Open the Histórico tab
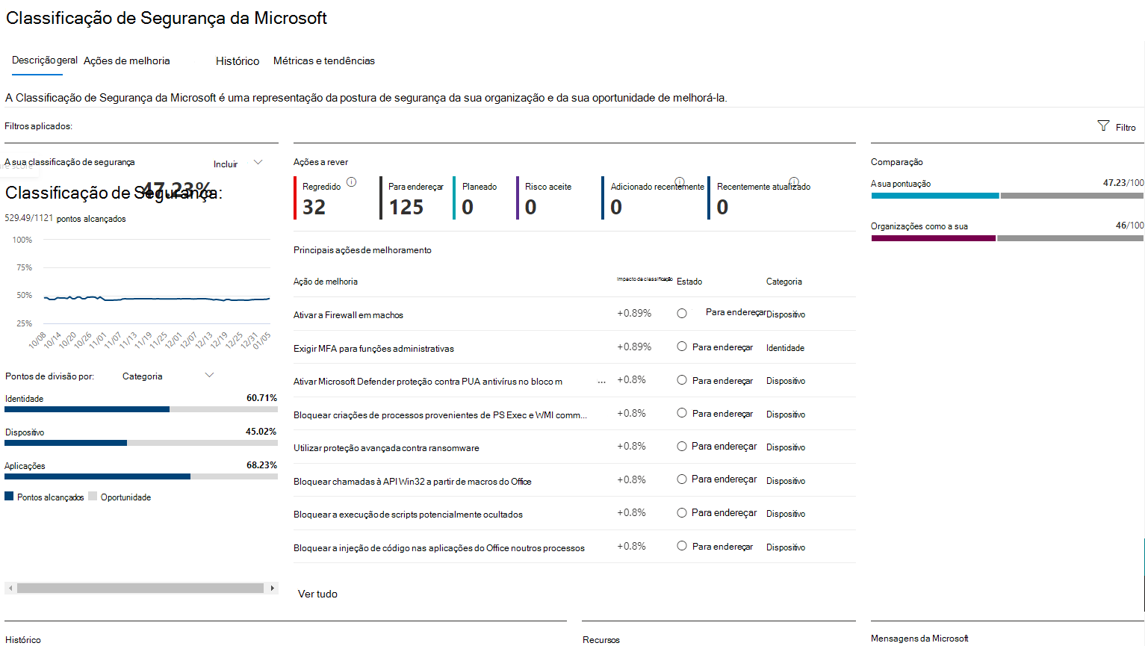pyautogui.click(x=238, y=61)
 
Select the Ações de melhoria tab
pyautogui.click(x=127, y=61)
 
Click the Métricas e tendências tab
pyautogui.click(x=324, y=61)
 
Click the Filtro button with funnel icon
pyautogui.click(x=1117, y=127)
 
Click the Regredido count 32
pyautogui.click(x=314, y=208)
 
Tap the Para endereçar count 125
pyautogui.click(x=406, y=208)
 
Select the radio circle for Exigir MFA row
pyautogui.click(x=682, y=347)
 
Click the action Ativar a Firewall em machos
pyautogui.click(x=348, y=315)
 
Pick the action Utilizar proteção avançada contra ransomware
pyautogui.click(x=386, y=448)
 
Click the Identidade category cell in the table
pyautogui.click(x=785, y=348)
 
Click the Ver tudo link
pyautogui.click(x=317, y=594)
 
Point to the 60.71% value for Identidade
pyautogui.click(x=261, y=398)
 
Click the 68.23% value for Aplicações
pyautogui.click(x=261, y=465)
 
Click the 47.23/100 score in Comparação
pyautogui.click(x=1123, y=183)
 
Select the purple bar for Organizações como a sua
pyautogui.click(x=933, y=238)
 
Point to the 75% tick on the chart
pyautogui.click(x=25, y=267)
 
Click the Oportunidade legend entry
pyautogui.click(x=125, y=497)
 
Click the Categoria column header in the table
pyautogui.click(x=783, y=282)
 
